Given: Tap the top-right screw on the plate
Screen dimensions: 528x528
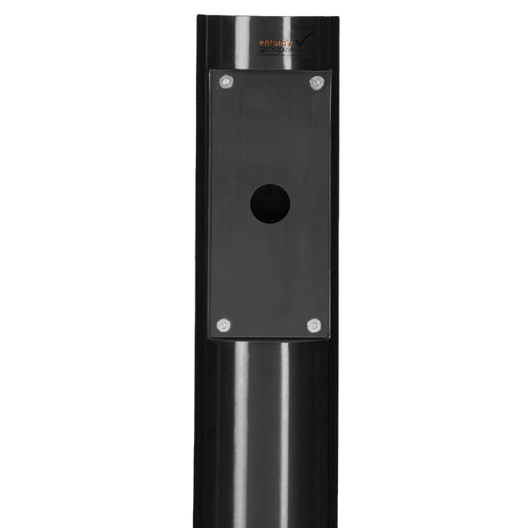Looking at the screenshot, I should pos(317,83).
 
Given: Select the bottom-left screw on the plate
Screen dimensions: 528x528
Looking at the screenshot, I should pos(224,325).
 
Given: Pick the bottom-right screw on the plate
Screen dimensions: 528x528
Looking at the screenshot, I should pos(314,325).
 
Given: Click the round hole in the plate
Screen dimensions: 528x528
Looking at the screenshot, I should pos(270,204).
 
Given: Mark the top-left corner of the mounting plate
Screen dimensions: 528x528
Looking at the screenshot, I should pos(210,70).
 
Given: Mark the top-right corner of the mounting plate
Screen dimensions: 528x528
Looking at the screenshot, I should pos(330,71).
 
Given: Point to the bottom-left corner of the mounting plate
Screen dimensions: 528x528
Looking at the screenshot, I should pos(210,338).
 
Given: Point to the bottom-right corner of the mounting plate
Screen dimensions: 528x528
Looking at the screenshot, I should pos(330,338).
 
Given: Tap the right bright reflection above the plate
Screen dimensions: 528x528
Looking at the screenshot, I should pos(292,34).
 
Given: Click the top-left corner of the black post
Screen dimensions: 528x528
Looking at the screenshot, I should pos(198,17).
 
